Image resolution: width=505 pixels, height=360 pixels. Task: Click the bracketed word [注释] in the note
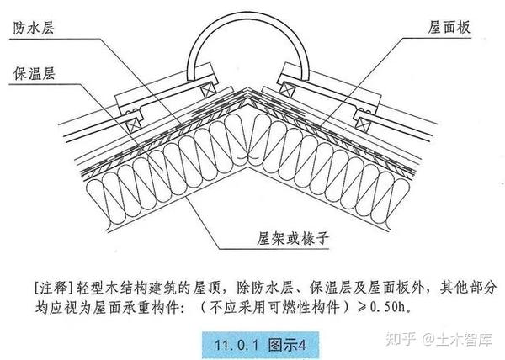click(51, 276)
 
